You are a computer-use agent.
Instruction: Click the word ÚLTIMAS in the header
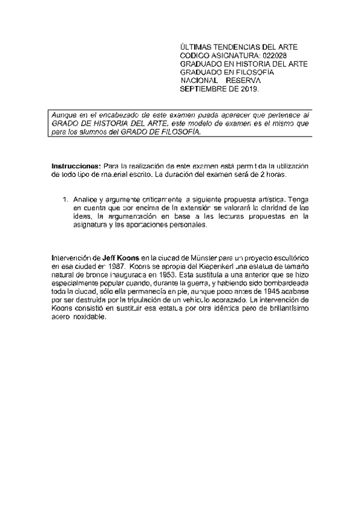click(x=196, y=46)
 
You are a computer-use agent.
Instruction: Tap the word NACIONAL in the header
click(x=200, y=81)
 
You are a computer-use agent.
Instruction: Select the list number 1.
click(x=65, y=199)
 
